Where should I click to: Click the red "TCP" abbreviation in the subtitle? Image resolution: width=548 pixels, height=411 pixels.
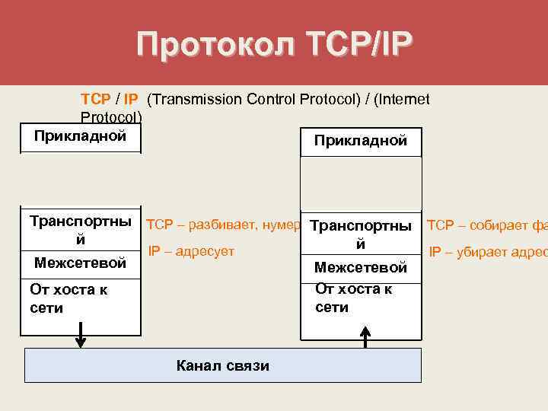pos(95,100)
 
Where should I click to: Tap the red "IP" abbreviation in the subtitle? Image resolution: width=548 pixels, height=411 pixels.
pos(130,100)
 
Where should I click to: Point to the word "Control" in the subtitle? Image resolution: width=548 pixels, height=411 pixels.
pos(257,100)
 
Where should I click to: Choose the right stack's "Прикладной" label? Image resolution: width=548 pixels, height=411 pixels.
pos(361,141)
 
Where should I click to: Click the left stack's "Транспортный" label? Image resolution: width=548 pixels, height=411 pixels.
pos(81,230)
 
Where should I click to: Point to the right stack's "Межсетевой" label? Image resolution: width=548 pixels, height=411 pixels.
pos(361,268)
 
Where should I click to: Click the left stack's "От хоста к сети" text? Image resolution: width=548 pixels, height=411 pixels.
pos(68,298)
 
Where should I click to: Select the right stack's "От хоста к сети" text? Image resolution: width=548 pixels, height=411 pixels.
pos(354,298)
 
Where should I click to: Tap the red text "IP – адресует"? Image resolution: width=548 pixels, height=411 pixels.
pos(191,250)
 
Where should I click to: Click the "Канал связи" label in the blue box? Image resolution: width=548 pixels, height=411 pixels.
pos(223,365)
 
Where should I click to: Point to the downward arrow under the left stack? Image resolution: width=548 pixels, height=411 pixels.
pos(80,336)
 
